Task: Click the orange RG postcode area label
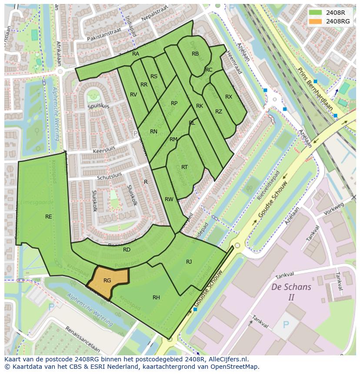coord(107,281)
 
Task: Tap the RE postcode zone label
coord(49,216)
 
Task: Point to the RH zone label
coord(156,298)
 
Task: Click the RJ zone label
coord(189,261)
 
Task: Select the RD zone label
coord(127,250)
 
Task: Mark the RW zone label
coord(169,199)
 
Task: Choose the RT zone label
coord(184,167)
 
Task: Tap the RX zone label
coord(229,97)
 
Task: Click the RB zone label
coord(195,54)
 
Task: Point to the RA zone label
coord(136,54)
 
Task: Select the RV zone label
coord(133,95)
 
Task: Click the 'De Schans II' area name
coord(291,292)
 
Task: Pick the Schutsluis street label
coord(110,175)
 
